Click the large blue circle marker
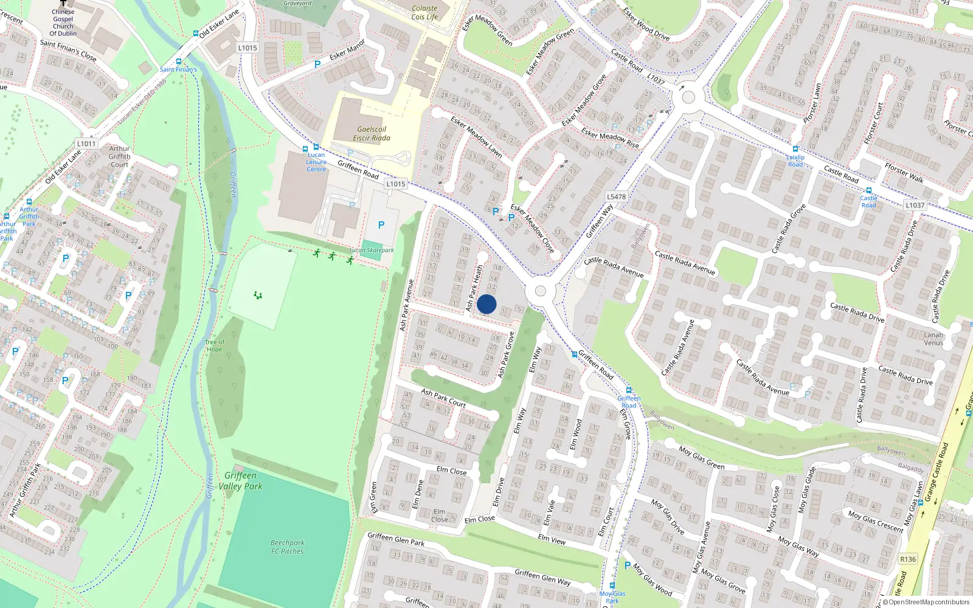(486, 304)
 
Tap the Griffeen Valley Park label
(241, 480)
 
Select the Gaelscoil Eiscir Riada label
(372, 134)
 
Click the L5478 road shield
(616, 196)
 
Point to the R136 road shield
(908, 559)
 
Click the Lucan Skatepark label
(372, 250)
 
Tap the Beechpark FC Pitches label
(288, 547)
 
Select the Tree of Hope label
(214, 345)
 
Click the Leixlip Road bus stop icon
(795, 149)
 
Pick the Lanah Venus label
(933, 339)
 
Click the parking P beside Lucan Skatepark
(381, 225)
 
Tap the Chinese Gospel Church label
(63, 22)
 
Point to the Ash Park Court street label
(443, 398)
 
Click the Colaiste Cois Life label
(424, 13)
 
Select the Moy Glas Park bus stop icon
(612, 586)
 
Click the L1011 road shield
(86, 143)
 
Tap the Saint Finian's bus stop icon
(178, 61)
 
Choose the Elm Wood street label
(576, 435)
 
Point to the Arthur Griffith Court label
(120, 156)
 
